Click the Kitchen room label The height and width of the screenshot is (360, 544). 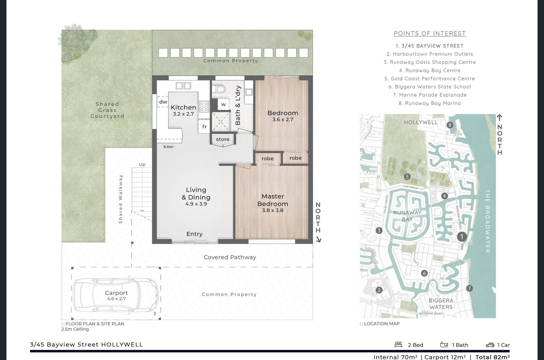183,107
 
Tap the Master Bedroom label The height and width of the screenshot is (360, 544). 273,200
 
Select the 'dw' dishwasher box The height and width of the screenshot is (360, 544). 163,102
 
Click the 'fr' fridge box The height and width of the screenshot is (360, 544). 204,127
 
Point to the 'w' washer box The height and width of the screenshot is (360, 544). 223,104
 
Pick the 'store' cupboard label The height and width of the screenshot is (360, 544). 223,139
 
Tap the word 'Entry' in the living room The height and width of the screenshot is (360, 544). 194,234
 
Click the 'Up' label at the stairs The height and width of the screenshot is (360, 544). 142,165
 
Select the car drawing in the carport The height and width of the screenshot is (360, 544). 116,294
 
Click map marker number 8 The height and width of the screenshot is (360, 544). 450,125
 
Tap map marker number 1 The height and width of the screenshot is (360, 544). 462,237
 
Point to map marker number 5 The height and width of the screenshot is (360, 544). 407,177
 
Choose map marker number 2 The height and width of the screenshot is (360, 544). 379,290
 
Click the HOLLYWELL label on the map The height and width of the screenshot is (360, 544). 420,122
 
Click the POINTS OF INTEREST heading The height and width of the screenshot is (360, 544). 430,33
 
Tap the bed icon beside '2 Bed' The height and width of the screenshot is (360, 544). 398,345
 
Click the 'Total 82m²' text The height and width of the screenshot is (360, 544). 493,357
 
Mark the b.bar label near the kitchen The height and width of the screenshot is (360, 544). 168,147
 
